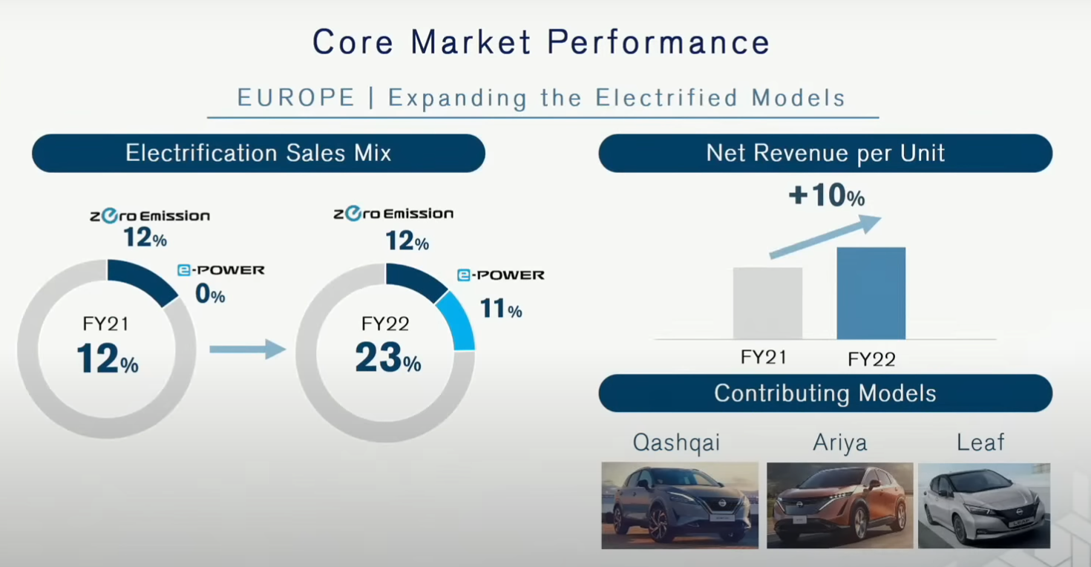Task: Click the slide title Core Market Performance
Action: [x=541, y=42]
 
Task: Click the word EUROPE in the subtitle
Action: [x=296, y=97]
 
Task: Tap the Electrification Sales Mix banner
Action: [x=258, y=153]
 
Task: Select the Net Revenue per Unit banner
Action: [x=825, y=153]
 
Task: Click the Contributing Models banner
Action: [x=825, y=393]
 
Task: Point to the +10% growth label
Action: [x=827, y=195]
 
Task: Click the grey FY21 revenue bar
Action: [x=767, y=303]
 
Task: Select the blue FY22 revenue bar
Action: [x=871, y=292]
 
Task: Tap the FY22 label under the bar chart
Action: [x=872, y=359]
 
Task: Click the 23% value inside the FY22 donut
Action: [x=388, y=358]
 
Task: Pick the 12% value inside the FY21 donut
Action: [x=108, y=358]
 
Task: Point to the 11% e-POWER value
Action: [x=501, y=308]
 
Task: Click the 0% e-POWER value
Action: [x=210, y=293]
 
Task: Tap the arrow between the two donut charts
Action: [x=247, y=350]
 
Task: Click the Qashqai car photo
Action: [x=680, y=505]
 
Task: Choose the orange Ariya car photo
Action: [x=840, y=505]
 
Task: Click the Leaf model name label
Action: [x=980, y=442]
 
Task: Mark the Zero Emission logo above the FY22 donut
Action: [x=393, y=213]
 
